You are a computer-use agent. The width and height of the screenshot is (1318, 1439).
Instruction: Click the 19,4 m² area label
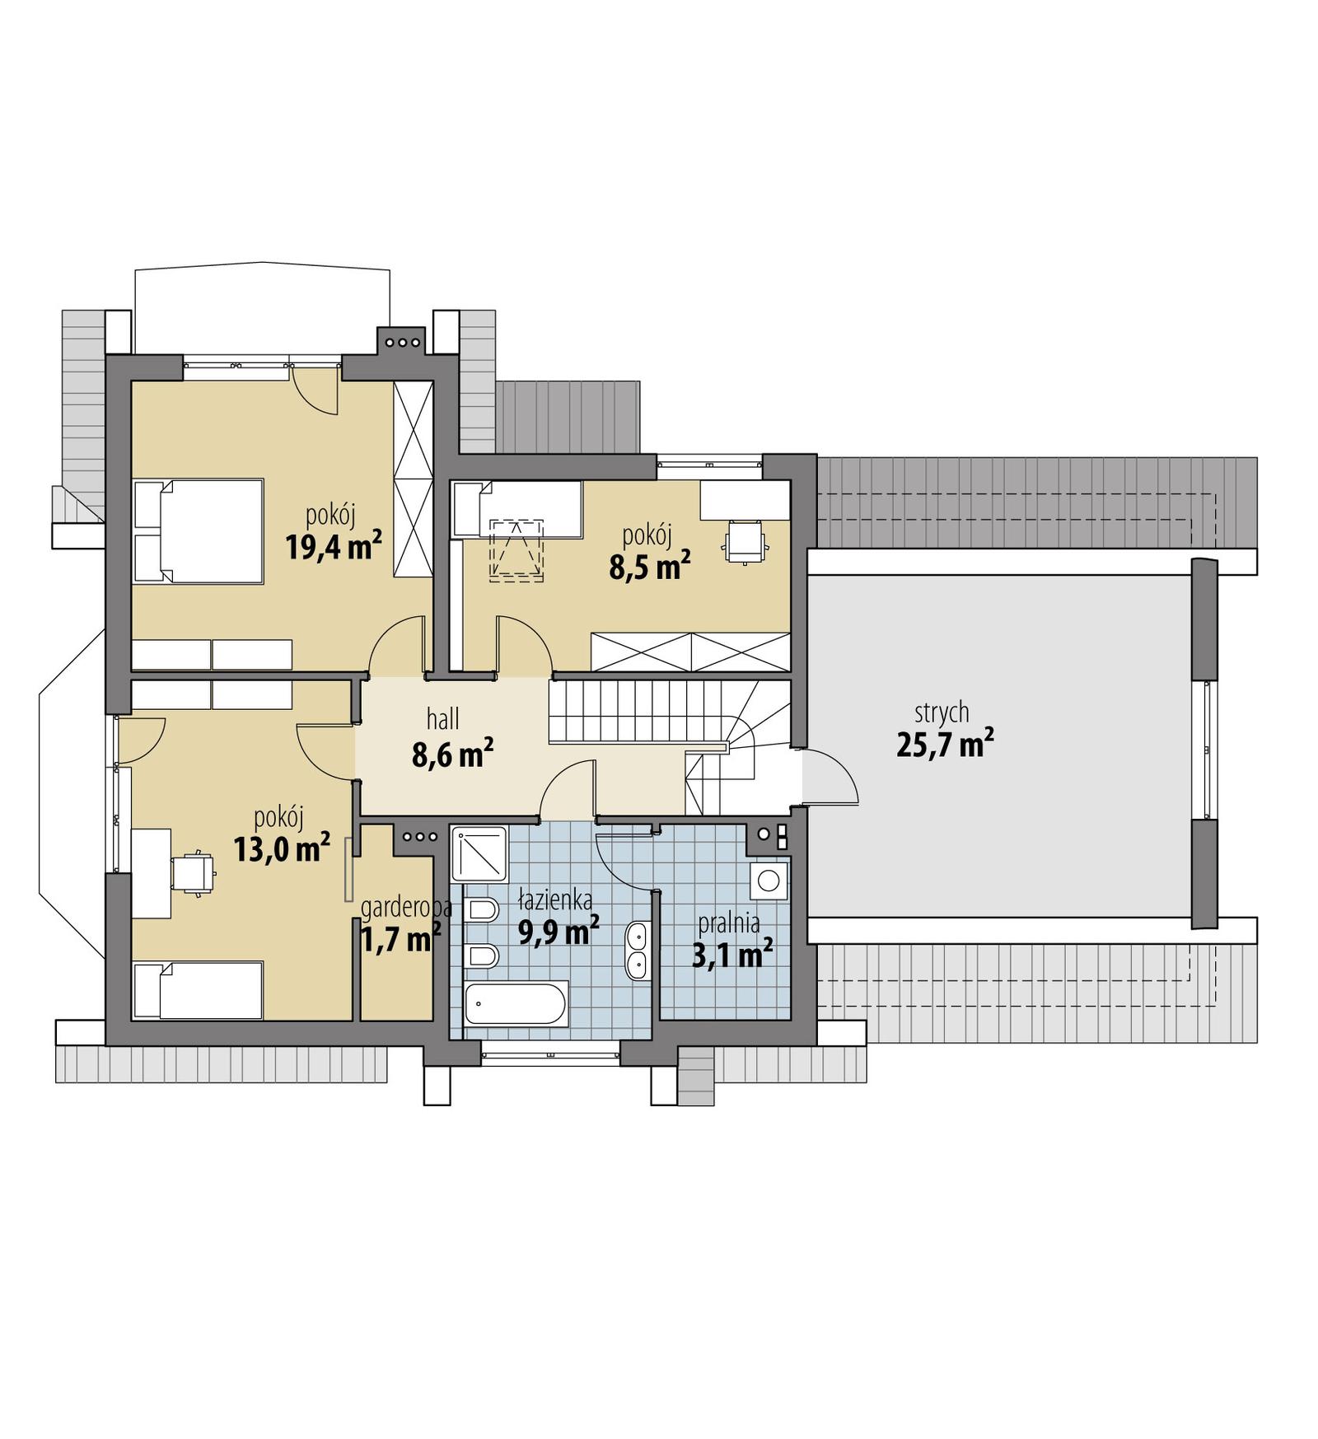[x=333, y=546]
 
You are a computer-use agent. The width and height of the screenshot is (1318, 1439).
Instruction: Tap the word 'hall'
[x=442, y=719]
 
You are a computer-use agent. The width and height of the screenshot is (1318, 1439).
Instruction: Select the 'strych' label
[x=942, y=712]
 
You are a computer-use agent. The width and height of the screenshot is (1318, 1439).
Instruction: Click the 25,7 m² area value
[x=944, y=745]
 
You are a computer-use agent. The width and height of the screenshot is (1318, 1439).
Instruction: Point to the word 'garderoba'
[x=406, y=908]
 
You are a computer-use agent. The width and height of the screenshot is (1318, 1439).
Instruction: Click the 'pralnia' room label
[x=729, y=923]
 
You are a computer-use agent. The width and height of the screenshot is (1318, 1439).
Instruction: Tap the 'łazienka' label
[x=554, y=900]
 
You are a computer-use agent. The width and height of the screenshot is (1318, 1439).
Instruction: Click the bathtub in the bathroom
[x=516, y=1004]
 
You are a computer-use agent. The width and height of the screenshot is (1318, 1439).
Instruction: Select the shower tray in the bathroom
[x=479, y=853]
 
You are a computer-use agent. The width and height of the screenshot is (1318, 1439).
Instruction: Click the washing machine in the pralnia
[x=769, y=881]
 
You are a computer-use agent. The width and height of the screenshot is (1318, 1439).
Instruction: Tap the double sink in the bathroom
[x=637, y=951]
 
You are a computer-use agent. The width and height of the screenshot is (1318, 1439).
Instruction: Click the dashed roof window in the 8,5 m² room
[x=516, y=549]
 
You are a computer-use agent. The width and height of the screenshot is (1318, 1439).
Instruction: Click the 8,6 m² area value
[x=452, y=754]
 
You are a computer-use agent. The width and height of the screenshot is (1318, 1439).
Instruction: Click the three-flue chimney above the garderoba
[x=419, y=837]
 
